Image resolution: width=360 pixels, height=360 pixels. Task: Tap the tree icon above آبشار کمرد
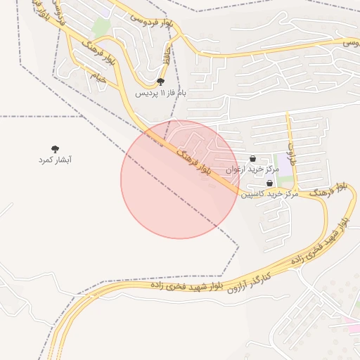coord(55,148)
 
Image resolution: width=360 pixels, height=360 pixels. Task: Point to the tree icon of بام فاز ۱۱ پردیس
coord(161,82)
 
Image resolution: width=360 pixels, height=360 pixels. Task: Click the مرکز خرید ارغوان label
coord(252,169)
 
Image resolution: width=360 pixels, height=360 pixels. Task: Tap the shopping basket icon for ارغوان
coord(252,159)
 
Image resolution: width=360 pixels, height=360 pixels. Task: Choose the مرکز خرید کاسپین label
coord(270,193)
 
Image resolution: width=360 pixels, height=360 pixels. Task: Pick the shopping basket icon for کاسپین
coord(270,183)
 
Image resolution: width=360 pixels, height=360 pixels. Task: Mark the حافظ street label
coord(167,56)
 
